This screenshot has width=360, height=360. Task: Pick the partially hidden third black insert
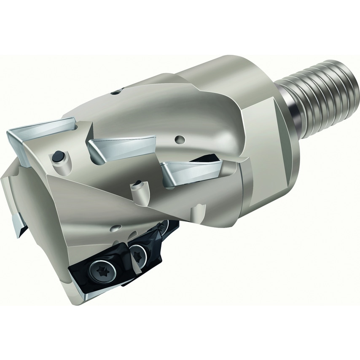[x=167, y=230]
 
